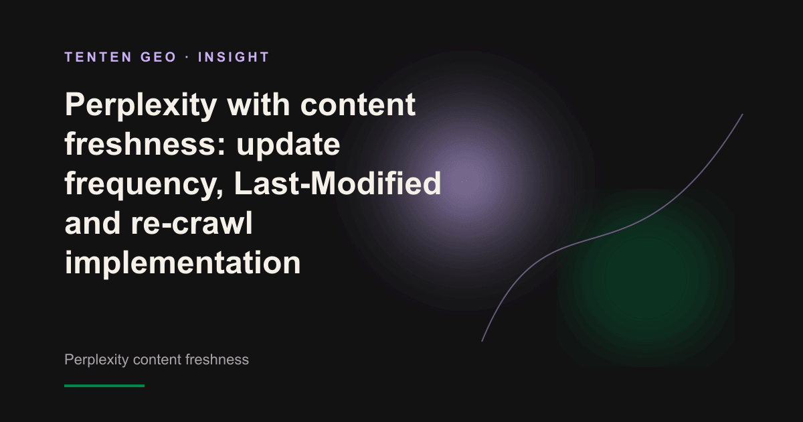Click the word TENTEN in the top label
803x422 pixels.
click(98, 57)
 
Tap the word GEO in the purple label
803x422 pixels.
click(159, 57)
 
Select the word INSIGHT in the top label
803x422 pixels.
click(234, 57)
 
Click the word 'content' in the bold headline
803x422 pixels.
click(358, 104)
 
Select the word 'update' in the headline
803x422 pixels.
click(288, 145)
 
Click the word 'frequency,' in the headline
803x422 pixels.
click(144, 184)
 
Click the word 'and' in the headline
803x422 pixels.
click(92, 222)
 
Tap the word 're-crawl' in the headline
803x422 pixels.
click(192, 222)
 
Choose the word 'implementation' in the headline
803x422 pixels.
click(183, 263)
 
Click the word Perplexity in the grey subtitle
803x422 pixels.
click(96, 360)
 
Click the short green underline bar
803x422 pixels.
click(104, 386)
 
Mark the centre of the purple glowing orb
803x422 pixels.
click(464, 181)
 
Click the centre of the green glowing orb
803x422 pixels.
click(646, 278)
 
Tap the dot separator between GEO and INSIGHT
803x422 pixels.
click(187, 58)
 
